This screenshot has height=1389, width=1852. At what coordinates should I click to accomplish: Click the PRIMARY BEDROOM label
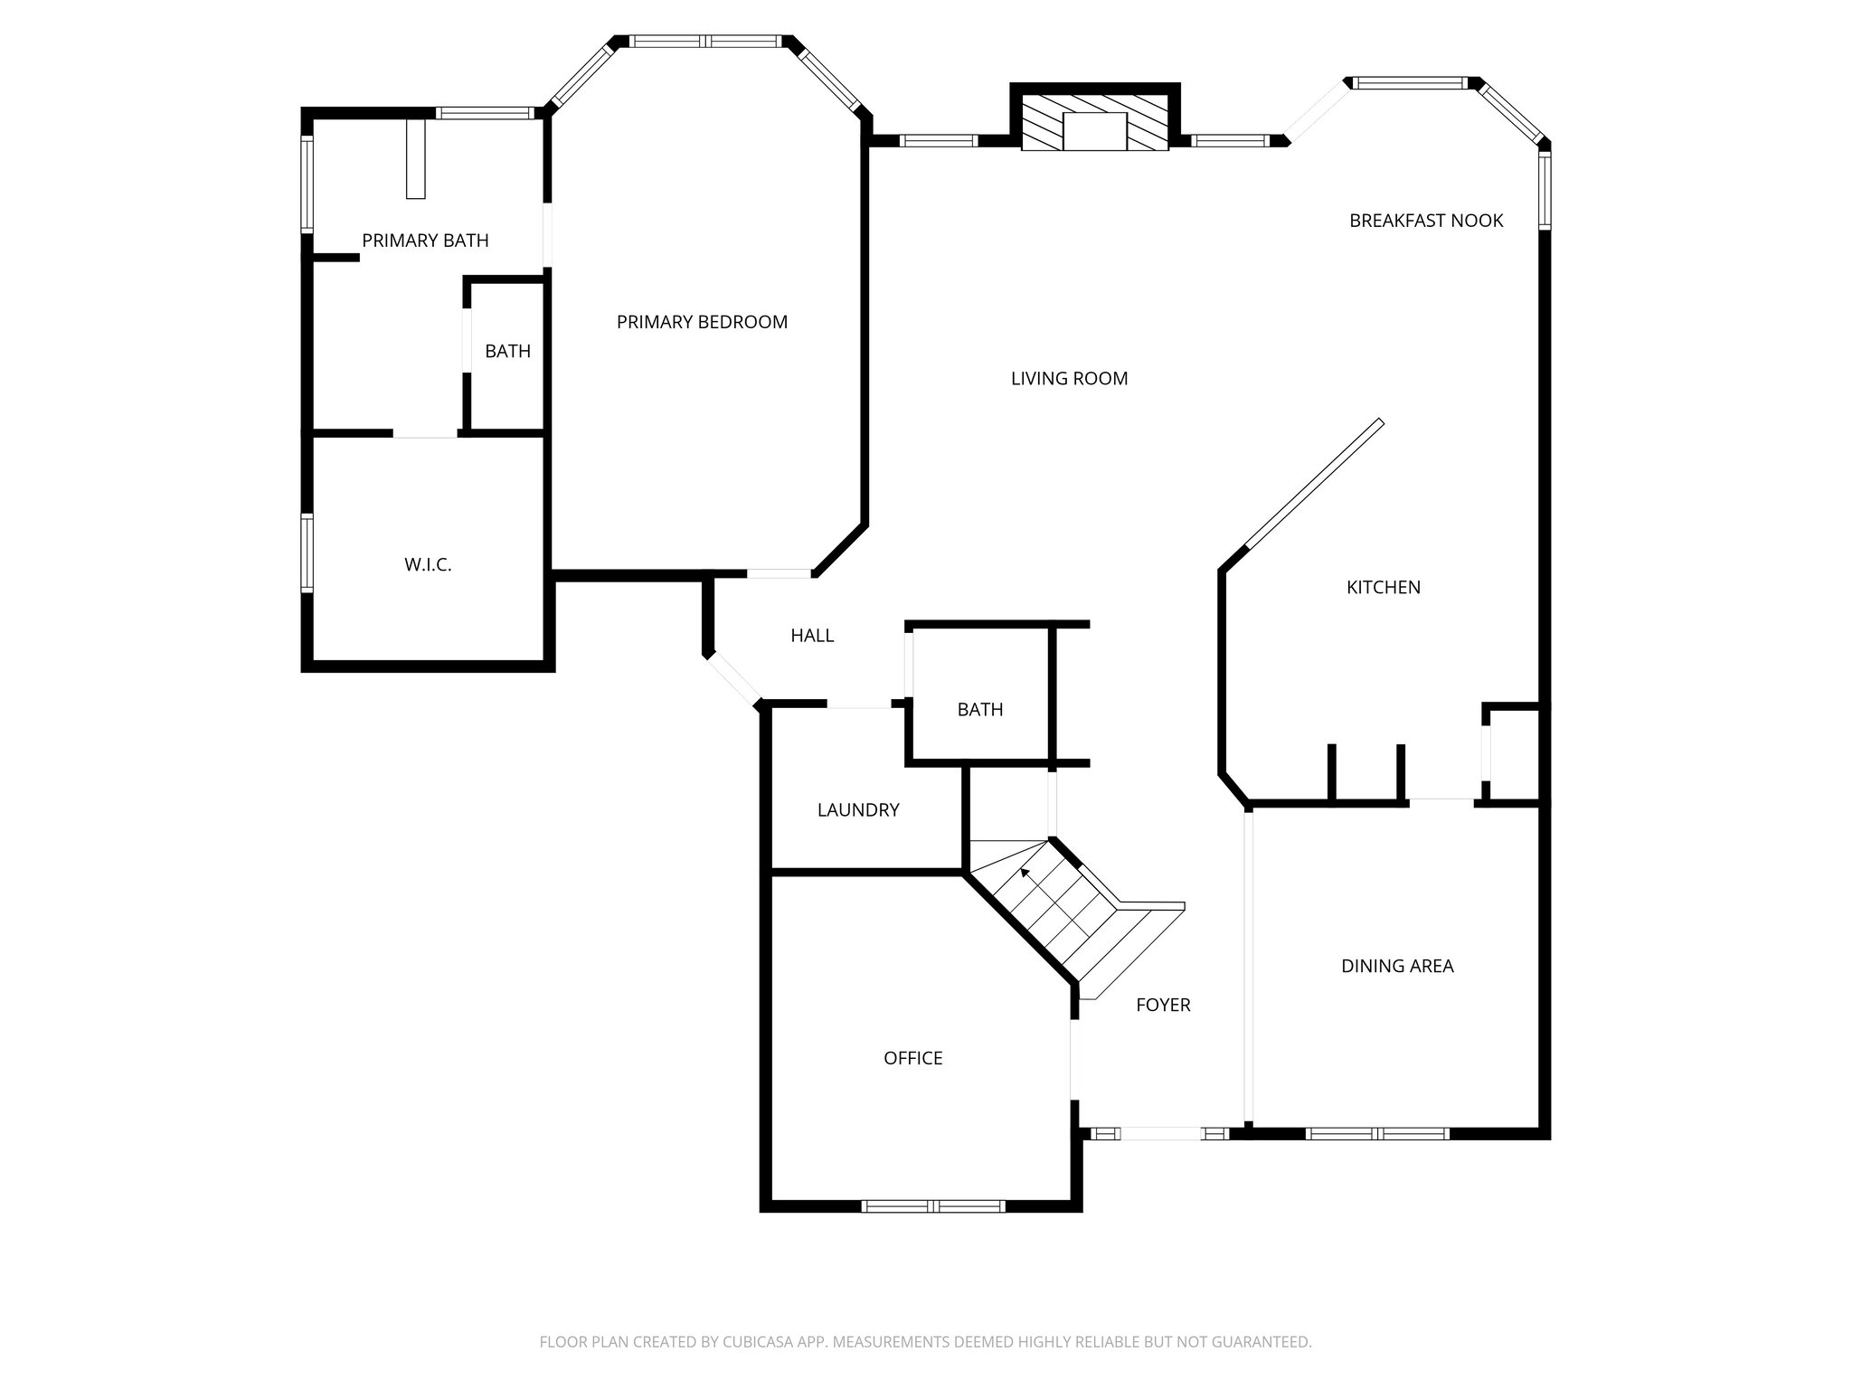tap(702, 322)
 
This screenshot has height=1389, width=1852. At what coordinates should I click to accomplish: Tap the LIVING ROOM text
tap(1069, 379)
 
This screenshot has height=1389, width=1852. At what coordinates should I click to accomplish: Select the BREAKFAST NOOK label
tap(1426, 221)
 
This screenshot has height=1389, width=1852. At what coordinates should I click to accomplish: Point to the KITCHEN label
tap(1383, 588)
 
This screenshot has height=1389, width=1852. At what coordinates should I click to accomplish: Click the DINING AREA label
tap(1397, 967)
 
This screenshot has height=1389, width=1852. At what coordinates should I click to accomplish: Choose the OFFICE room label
tap(912, 1059)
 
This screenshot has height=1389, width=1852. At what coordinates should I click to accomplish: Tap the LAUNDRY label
tap(858, 810)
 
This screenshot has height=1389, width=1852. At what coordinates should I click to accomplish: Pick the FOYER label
tap(1163, 1005)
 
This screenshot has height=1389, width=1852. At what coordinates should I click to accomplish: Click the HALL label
tap(812, 636)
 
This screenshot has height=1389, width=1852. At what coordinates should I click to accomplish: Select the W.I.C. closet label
tap(428, 565)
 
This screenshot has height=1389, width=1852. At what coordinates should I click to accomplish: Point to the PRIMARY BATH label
tap(425, 241)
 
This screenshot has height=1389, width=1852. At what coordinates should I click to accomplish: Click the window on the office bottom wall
tap(933, 1205)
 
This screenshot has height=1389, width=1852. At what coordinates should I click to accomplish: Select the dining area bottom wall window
tap(1377, 1133)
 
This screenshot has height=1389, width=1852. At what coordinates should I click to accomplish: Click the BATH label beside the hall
tap(980, 710)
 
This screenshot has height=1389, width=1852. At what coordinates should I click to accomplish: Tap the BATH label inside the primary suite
tap(507, 352)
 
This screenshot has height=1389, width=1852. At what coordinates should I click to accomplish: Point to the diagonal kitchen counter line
tap(1315, 484)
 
